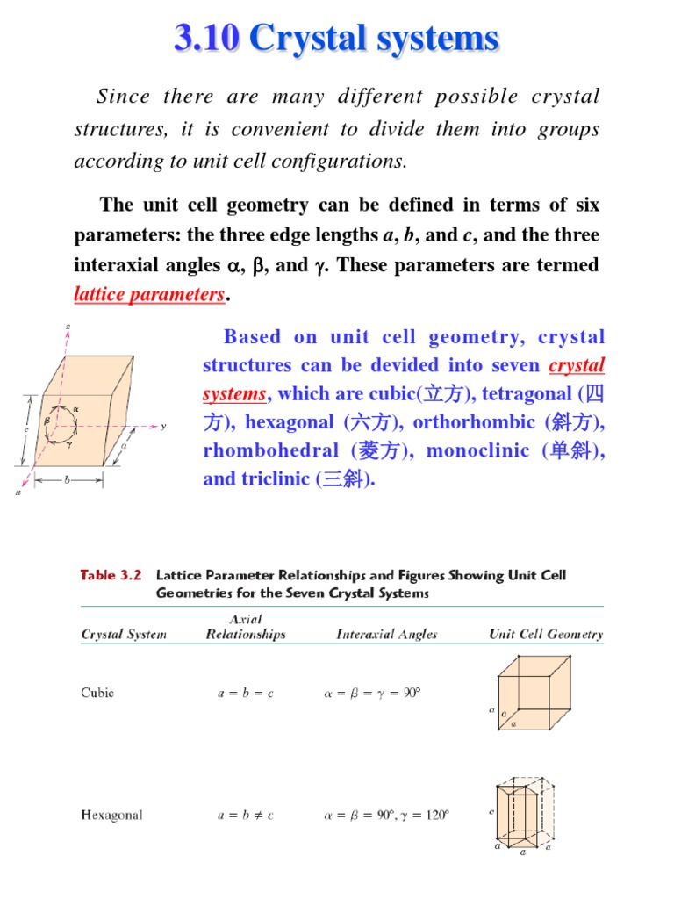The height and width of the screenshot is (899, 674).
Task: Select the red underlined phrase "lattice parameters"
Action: click(150, 295)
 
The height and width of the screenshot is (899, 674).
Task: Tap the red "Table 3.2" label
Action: click(110, 576)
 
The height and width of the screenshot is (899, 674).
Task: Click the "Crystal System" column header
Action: click(124, 635)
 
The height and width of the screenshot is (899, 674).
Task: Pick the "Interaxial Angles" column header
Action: click(387, 635)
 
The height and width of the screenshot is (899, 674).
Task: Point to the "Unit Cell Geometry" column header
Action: click(545, 635)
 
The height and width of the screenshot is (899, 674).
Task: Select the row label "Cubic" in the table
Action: click(97, 693)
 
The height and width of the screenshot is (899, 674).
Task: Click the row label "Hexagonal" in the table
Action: click(111, 816)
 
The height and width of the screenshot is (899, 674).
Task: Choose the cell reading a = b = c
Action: click(246, 693)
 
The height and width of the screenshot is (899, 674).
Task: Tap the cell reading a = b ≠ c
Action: click(246, 816)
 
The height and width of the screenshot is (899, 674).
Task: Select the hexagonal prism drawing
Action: click(527, 812)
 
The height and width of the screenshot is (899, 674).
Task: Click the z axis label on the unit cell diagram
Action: click(68, 327)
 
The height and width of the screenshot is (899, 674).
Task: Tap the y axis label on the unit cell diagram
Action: click(163, 427)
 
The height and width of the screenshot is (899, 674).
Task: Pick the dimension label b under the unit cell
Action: click(67, 479)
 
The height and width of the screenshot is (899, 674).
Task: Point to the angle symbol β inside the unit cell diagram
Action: click(47, 421)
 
